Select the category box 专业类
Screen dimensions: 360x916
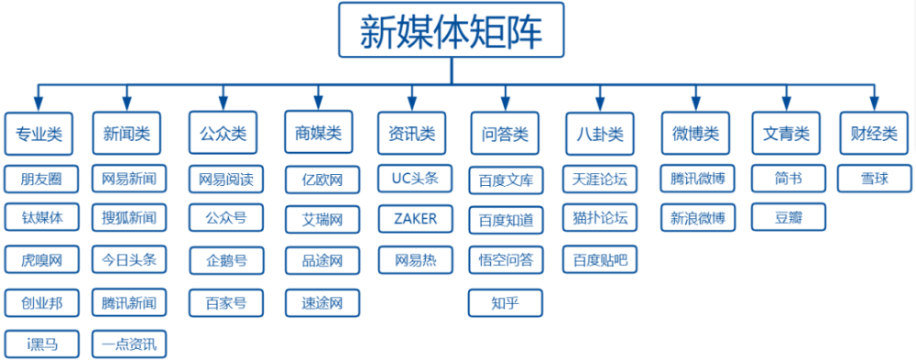pyautogui.click(x=38, y=134)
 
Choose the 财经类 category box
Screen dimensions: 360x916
pyautogui.click(x=874, y=134)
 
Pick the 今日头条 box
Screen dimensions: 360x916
pyautogui.click(x=129, y=260)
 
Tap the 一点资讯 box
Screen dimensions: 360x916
pyautogui.click(x=129, y=344)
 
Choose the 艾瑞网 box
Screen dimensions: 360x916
pyautogui.click(x=322, y=219)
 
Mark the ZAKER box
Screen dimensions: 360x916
pyautogui.click(x=415, y=219)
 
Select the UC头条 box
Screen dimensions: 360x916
pyautogui.click(x=415, y=178)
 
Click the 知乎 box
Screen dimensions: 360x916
pyautogui.click(x=505, y=302)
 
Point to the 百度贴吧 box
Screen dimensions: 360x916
pyautogui.click(x=600, y=260)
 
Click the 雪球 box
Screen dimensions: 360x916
pyautogui.click(x=874, y=178)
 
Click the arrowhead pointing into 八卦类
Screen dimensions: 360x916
pyautogui.click(x=599, y=103)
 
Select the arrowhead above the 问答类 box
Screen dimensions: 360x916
pyautogui.click(x=505, y=103)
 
